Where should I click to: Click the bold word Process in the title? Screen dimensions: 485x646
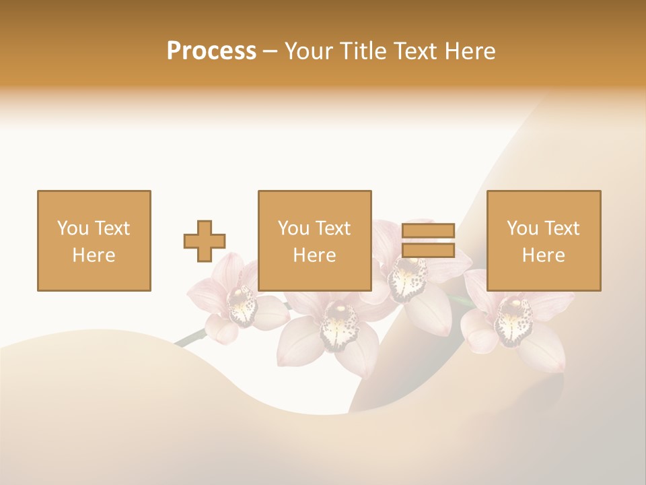211,51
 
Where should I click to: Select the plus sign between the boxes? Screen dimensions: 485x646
205,240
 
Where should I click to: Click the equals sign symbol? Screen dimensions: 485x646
428,240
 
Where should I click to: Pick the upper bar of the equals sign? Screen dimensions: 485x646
428,231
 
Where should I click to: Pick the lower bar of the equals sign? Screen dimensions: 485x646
428,251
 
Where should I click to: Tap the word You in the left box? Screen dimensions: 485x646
71,228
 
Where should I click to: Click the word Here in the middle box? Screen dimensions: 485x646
314,255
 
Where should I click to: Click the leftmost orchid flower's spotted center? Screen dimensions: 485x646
242,306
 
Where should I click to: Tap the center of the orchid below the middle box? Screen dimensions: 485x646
338,325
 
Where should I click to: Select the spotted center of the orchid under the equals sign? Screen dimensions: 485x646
408,278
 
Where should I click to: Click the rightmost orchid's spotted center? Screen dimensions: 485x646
513,319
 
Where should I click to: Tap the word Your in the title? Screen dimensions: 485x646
308,51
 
